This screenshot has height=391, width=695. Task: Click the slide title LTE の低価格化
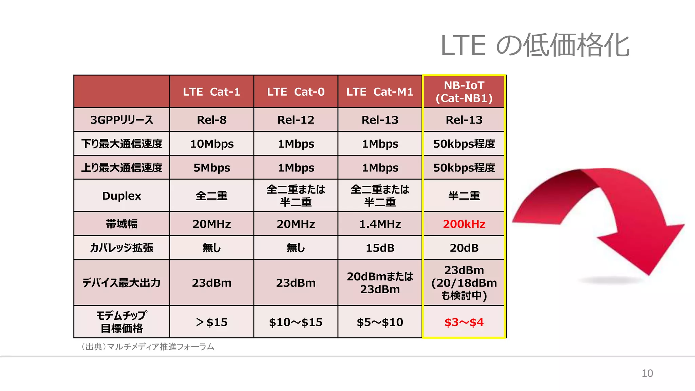pos(534,45)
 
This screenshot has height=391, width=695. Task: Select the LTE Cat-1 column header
pos(211,92)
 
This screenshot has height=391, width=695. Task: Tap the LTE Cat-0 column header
pos(296,92)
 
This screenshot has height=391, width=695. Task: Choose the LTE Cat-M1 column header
pos(380,92)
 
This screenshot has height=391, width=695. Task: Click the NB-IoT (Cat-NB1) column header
pos(464,92)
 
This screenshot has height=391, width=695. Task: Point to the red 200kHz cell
pos(464,224)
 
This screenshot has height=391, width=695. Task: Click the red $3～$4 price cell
pos(464,322)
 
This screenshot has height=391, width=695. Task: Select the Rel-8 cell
pos(211,120)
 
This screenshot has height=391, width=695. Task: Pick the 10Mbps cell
pos(211,144)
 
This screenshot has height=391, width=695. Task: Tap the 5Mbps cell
pos(211,168)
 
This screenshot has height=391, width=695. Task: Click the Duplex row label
pos(121,196)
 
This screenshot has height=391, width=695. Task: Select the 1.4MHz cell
pos(380,224)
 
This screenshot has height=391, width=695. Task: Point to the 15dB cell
pos(380,248)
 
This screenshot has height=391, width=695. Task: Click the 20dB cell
pos(464,248)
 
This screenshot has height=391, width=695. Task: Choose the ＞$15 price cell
pos(211,322)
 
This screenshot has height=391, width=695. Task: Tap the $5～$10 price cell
pos(380,322)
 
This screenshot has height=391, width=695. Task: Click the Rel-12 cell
pos(296,120)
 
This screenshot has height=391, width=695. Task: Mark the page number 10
pos(647,373)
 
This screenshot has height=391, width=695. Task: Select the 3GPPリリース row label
pos(121,120)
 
